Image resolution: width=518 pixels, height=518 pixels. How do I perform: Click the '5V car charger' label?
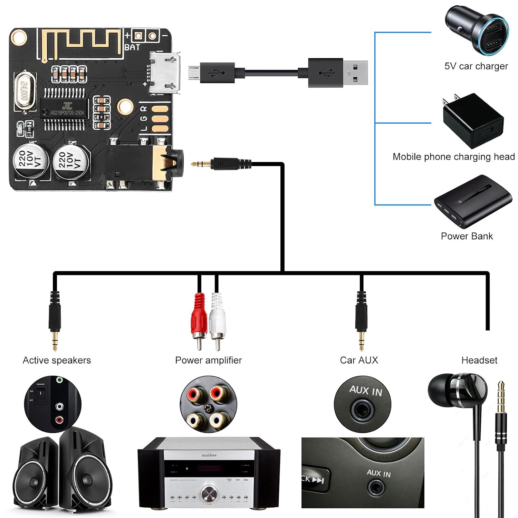point(476,66)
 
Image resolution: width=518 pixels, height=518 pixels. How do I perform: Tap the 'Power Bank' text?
point(467,236)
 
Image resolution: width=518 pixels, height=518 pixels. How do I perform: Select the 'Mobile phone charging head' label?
point(453,157)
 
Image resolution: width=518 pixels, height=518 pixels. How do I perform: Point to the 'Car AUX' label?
point(359,360)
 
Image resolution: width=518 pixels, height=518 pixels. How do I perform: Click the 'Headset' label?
point(479,360)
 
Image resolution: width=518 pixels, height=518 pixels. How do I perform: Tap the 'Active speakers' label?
point(57,360)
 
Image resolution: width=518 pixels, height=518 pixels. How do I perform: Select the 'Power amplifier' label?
point(208,360)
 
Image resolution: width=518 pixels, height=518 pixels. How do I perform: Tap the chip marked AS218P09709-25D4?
point(65,109)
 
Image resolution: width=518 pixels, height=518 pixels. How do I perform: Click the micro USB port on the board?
point(165,73)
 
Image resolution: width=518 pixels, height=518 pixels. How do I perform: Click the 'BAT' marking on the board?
point(132,47)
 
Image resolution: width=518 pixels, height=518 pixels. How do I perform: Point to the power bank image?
point(472,201)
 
